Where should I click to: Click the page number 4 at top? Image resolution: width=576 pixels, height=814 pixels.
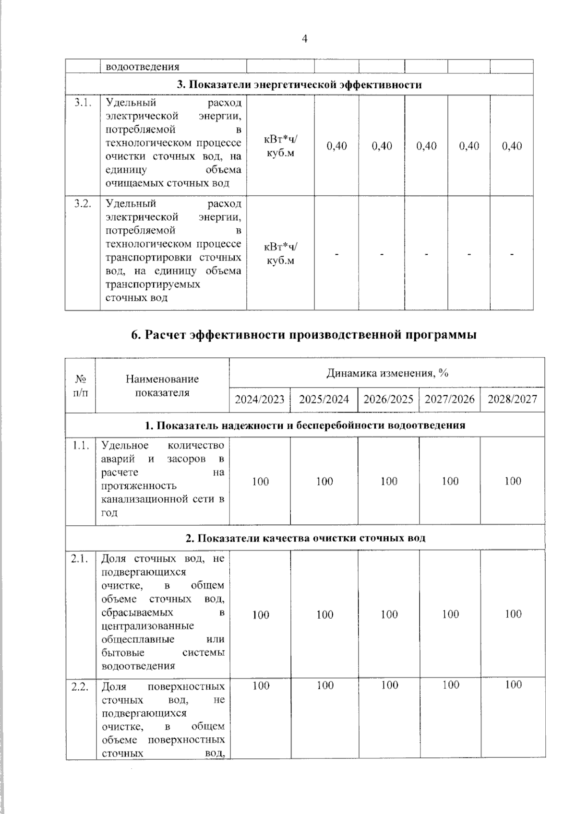coord(304,39)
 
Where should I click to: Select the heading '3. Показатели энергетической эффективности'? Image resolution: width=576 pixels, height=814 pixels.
coord(299,85)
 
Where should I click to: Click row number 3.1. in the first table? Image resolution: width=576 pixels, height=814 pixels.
coord(83,103)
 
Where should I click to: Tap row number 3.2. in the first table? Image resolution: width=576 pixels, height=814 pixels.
coord(83,204)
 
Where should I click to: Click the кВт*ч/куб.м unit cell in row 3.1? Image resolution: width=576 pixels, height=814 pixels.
coord(280,146)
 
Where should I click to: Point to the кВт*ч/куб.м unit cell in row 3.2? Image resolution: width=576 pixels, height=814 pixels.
coord(280,253)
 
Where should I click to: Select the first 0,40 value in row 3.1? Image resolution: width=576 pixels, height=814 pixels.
coord(336,146)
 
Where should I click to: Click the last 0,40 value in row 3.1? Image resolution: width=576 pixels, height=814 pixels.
coord(512,146)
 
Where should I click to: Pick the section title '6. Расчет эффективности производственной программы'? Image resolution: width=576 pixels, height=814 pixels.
coord(304,335)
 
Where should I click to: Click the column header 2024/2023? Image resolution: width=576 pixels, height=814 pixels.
coord(260,400)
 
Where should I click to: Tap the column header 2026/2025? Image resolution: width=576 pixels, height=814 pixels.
coord(388,400)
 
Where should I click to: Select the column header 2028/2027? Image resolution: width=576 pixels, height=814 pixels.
coord(512,400)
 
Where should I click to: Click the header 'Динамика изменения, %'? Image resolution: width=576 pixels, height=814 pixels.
coord(387,373)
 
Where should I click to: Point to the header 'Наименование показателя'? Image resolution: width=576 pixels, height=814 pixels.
coord(162,386)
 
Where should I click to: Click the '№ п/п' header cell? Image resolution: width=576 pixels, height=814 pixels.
coord(80,386)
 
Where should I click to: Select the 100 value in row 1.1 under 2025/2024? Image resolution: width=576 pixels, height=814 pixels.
coord(324,481)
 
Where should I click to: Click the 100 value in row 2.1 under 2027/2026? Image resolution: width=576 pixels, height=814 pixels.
coord(450,614)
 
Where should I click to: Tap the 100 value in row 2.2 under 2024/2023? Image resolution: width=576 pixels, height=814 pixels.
coord(261,685)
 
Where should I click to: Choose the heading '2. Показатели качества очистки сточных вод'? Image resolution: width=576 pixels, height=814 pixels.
coord(305,538)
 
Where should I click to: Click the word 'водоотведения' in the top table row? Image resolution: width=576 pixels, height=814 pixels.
coord(143,67)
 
